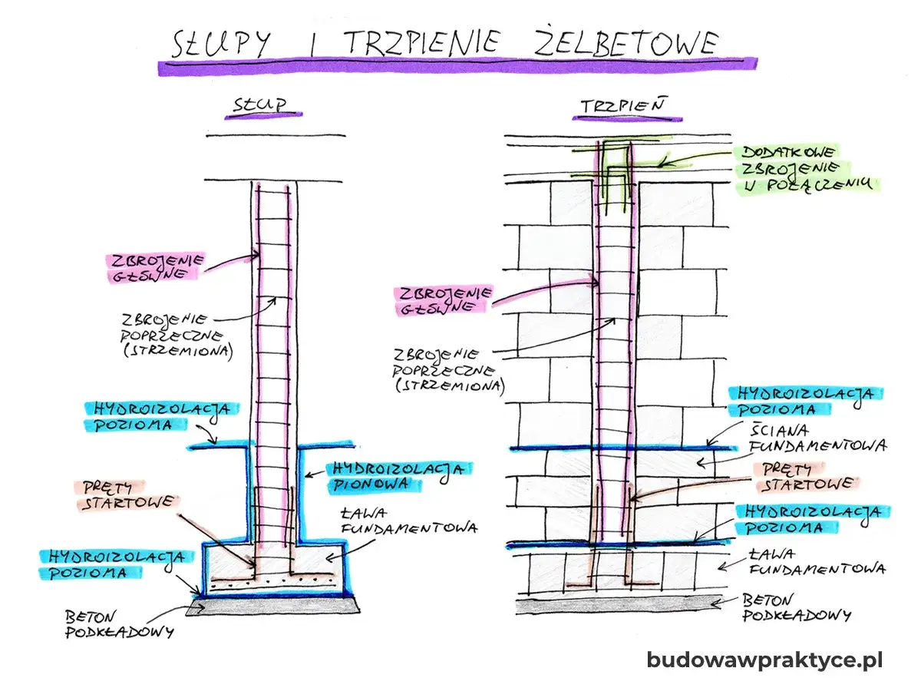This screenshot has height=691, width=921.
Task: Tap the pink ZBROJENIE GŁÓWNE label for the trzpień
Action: pyautogui.click(x=441, y=300)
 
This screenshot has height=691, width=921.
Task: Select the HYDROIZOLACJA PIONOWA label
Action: pyautogui.click(x=398, y=476)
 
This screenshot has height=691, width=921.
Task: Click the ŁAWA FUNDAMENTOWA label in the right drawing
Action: pyautogui.click(x=814, y=560)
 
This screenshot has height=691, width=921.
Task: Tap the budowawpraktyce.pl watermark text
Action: pyautogui.click(x=764, y=660)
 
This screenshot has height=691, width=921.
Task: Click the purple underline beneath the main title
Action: pyautogui.click(x=457, y=67)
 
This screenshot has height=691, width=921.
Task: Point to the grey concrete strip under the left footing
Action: pyautogui.click(x=272, y=607)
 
